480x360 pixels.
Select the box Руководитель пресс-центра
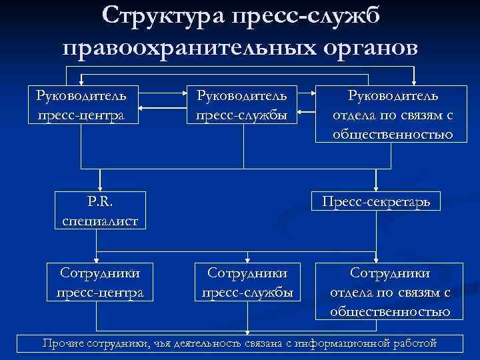[81, 105]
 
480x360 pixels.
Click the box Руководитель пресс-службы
[241, 105]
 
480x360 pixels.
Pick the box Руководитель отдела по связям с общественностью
[393, 115]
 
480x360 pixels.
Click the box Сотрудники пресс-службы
[247, 282]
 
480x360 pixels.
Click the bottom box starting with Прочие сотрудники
[240, 343]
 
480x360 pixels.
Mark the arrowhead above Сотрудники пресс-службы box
[247, 261]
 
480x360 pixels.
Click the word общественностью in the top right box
[393, 134]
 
